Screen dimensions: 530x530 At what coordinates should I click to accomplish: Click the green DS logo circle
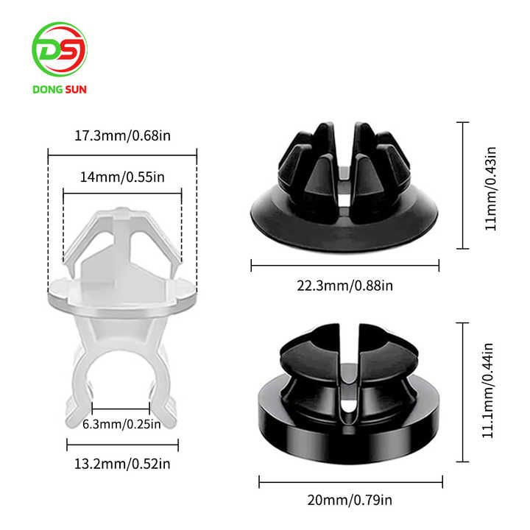(x=60, y=50)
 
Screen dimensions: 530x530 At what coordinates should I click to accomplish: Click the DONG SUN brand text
(x=60, y=91)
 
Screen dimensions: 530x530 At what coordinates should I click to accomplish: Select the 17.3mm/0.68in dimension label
(x=122, y=136)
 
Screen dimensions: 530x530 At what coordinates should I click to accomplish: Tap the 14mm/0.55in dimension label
(x=122, y=177)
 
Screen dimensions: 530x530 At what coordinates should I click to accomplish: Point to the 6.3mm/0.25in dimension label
(x=122, y=425)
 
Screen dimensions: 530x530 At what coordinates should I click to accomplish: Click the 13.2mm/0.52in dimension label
(x=122, y=463)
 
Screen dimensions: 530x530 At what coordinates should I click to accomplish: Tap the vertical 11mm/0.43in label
(x=491, y=187)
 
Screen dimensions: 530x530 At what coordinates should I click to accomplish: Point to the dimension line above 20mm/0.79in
(x=350, y=482)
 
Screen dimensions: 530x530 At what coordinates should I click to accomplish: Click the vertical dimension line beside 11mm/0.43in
(x=464, y=186)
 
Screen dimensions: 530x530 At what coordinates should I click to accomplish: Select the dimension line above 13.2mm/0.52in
(x=122, y=445)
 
